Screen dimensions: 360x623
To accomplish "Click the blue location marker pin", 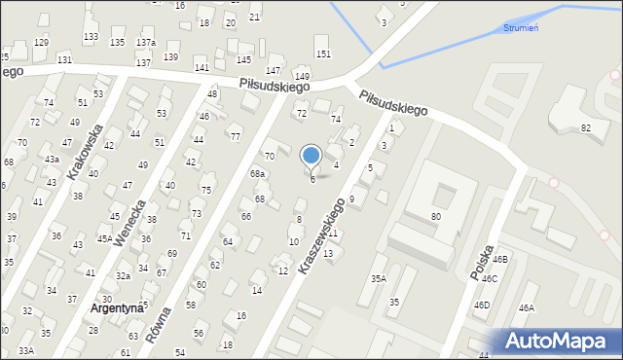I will pyautogui.click(x=311, y=156).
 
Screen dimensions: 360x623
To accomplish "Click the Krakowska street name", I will pyautogui.click(x=86, y=152).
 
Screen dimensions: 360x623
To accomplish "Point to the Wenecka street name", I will pyautogui.click(x=130, y=223).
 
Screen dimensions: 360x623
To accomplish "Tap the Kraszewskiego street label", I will pyautogui.click(x=324, y=235).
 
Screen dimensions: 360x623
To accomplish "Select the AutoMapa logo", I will pyautogui.click(x=559, y=342).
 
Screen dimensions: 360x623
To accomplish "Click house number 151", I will pyautogui.click(x=323, y=54).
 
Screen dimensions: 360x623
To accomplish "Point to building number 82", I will pyautogui.click(x=586, y=127).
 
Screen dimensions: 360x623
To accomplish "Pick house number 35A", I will pyautogui.click(x=378, y=279).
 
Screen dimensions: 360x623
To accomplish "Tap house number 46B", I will pyautogui.click(x=500, y=260).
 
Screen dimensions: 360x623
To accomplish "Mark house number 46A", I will pyautogui.click(x=526, y=308).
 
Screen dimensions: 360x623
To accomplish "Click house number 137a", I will pyautogui.click(x=146, y=43).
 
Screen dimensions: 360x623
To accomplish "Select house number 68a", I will pyautogui.click(x=257, y=174).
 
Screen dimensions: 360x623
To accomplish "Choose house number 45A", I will pyautogui.click(x=105, y=238).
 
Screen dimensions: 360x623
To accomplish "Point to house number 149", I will pyautogui.click(x=303, y=77).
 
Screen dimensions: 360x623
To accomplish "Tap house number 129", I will pyautogui.click(x=41, y=42).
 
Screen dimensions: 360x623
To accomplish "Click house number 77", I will pyautogui.click(x=236, y=137).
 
